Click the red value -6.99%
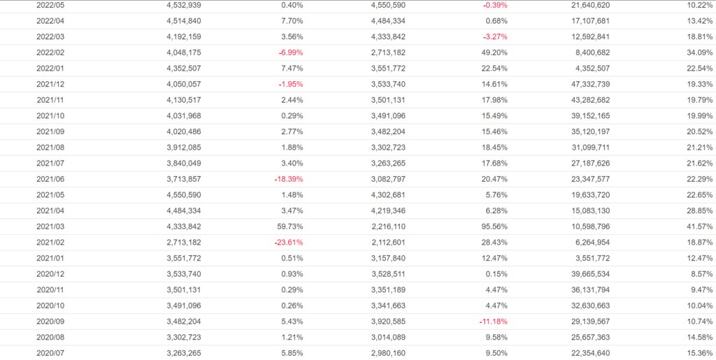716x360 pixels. pyautogui.click(x=290, y=52)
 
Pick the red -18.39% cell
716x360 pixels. pyautogui.click(x=288, y=179)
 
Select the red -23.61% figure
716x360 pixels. pyautogui.click(x=288, y=243)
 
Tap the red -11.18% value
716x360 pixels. pyautogui.click(x=492, y=322)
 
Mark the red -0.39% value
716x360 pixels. pyautogui.click(x=495, y=6)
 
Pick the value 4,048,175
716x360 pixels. pyautogui.click(x=184, y=52)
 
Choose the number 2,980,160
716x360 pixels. pyautogui.click(x=388, y=353)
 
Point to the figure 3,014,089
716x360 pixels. pyautogui.click(x=388, y=337)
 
